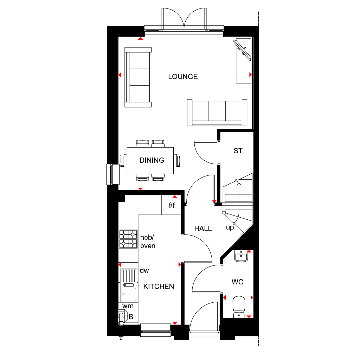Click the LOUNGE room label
pyautogui.click(x=183, y=77)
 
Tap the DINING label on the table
pyautogui.click(x=152, y=160)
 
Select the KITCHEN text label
pyautogui.click(x=159, y=287)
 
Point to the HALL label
pyautogui.click(x=203, y=229)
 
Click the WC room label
pyautogui.click(x=237, y=282)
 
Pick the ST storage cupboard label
pyautogui.click(x=238, y=151)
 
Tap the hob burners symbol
pyautogui.click(x=128, y=239)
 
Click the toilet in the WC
pyautogui.click(x=239, y=306)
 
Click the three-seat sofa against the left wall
pyautogui.click(x=138, y=77)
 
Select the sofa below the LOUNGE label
pyautogui.click(x=217, y=112)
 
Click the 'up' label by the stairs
pyautogui.click(x=230, y=228)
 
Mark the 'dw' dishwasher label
pyautogui.click(x=144, y=270)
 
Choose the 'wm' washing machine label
pyautogui.click(x=128, y=306)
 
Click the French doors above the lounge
pyautogui.click(x=184, y=21)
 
